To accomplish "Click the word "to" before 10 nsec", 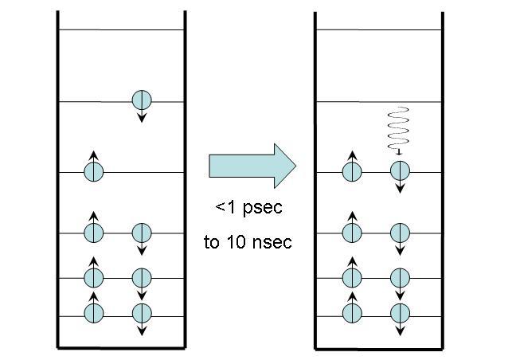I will pos(211,242).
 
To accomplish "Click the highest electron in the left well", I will pos(141,100).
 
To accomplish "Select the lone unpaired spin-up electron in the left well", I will pos(94,170).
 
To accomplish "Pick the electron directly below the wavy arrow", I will pos(399,170).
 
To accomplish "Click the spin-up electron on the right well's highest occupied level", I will pos(352,170).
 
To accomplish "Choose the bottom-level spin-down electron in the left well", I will pos(141,312).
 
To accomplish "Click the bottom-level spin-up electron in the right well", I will pos(352,312).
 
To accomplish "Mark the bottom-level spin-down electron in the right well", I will pos(399,312).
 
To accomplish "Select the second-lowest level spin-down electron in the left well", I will pos(141,277).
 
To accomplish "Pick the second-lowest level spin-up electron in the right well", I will pos(352,277).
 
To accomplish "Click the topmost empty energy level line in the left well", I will pos(119,30).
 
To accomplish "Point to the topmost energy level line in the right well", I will pos(378,30).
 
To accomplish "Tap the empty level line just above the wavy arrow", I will pos(378,101).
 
